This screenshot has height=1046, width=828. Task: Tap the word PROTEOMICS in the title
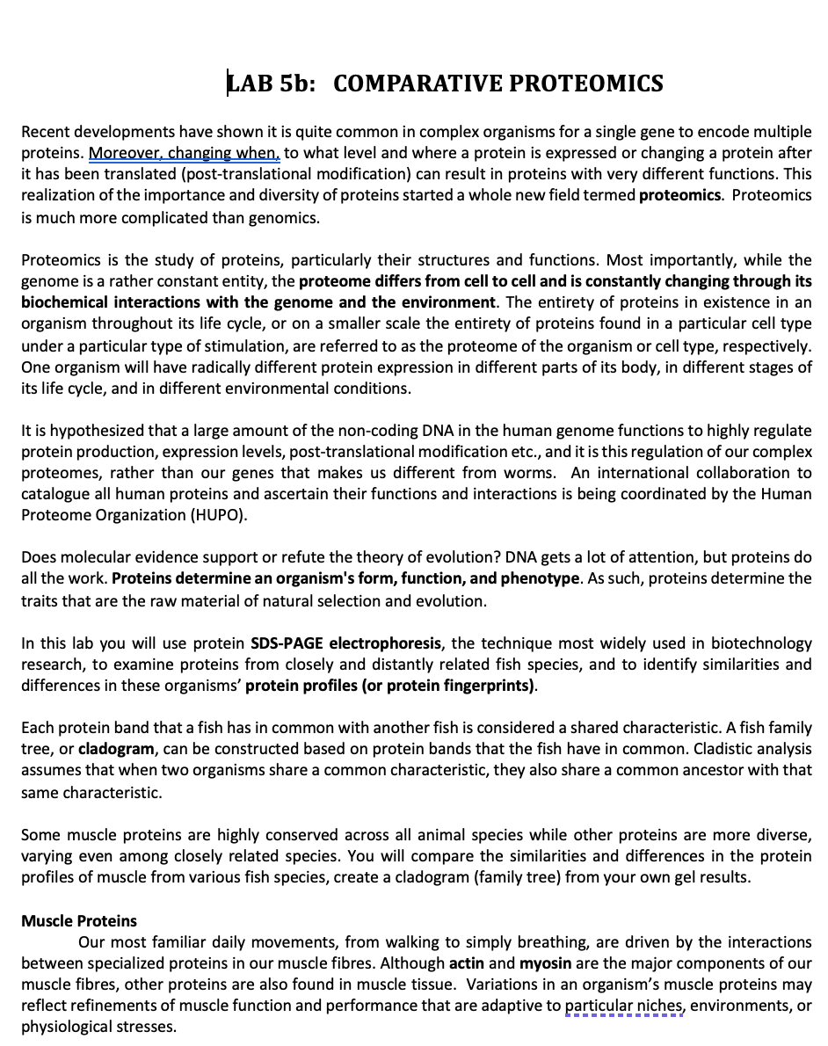(586, 84)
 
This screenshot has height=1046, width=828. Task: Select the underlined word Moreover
(124, 153)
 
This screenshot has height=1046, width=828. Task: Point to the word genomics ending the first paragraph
(287, 216)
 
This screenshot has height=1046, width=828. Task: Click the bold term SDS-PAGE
(288, 643)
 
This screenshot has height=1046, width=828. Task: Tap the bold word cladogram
(117, 750)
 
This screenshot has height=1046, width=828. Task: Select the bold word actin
(467, 963)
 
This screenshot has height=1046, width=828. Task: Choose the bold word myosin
(545, 963)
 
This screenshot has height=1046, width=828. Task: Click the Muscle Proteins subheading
(79, 921)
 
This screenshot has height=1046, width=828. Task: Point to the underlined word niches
(658, 1006)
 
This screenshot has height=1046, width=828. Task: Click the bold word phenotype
(539, 579)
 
